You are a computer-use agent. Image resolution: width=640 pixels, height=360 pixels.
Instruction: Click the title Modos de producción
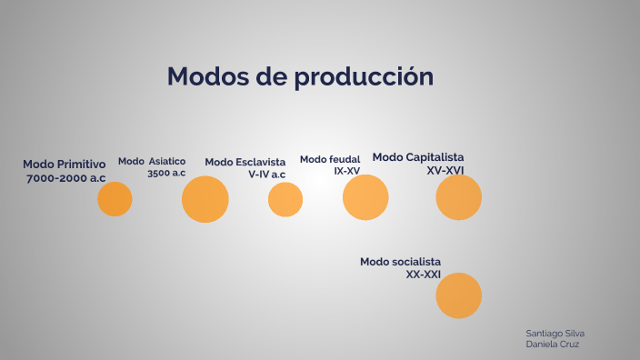tap(300, 77)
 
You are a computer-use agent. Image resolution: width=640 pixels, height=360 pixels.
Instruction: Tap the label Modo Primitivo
tap(65, 165)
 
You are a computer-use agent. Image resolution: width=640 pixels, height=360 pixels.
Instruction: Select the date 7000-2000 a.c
tap(66, 178)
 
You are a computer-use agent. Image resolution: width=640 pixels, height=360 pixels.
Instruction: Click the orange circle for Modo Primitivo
tap(115, 198)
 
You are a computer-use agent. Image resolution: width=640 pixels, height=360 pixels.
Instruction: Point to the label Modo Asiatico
tap(152, 161)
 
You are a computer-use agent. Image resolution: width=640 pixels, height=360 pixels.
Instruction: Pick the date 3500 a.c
tap(166, 173)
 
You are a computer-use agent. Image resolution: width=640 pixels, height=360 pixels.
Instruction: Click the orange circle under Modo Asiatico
tap(205, 199)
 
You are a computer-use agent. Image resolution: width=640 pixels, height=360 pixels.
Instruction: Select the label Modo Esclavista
tap(245, 162)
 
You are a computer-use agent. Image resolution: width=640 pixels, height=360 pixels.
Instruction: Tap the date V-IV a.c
tap(266, 174)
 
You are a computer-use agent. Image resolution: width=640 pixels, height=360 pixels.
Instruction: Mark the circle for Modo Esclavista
tap(285, 199)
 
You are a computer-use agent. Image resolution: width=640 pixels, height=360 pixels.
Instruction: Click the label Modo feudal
tap(330, 159)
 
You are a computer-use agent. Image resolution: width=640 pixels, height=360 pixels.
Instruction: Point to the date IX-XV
tap(347, 171)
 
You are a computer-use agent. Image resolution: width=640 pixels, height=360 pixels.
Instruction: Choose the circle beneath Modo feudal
tap(365, 197)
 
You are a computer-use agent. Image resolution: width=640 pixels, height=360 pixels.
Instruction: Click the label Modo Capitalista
tap(418, 157)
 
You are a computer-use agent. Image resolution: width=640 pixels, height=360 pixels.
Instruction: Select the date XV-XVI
tap(445, 170)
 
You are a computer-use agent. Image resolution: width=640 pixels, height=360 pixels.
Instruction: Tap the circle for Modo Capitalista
tap(458, 197)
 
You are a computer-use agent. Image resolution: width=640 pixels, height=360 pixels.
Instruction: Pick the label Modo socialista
tap(400, 262)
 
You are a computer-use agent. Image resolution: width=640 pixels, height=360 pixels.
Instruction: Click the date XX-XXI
tap(424, 274)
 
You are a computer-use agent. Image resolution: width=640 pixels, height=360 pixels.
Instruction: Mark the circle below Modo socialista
tap(458, 295)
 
